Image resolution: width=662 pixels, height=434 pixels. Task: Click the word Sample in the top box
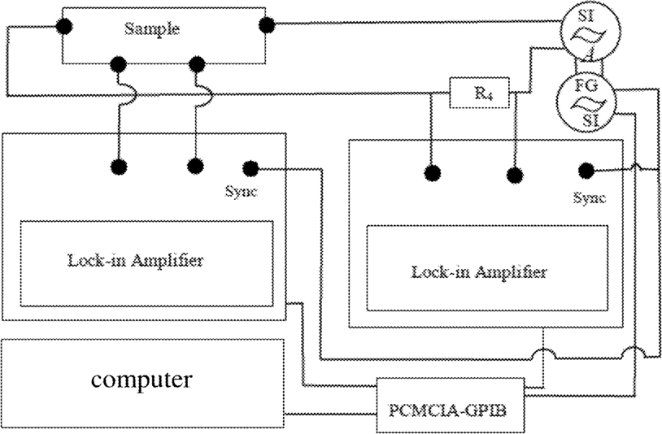[x=150, y=28]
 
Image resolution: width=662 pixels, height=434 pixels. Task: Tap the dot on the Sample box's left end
[x=63, y=26]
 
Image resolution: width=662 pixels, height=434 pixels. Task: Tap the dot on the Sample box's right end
[x=265, y=25]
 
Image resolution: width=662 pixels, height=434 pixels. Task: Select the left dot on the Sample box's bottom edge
[x=120, y=63]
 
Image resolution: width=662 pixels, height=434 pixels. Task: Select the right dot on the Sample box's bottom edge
[x=195, y=63]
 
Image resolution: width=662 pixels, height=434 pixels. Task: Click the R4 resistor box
[x=480, y=93]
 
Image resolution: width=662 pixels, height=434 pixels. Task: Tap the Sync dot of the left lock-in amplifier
[x=250, y=168]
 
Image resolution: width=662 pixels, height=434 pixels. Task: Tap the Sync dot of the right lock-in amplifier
[x=585, y=170]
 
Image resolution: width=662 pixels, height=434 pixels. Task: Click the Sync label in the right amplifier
[x=590, y=197]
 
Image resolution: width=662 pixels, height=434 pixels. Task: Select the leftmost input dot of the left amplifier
[x=119, y=167]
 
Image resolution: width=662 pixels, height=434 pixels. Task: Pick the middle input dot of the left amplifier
[x=195, y=167]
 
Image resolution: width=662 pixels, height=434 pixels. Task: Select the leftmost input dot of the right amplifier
[x=432, y=174]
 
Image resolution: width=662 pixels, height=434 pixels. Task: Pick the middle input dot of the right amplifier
[x=513, y=174]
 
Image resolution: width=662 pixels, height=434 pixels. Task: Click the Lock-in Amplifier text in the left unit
[x=135, y=261]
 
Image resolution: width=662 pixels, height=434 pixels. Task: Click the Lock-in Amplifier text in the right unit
[x=479, y=271]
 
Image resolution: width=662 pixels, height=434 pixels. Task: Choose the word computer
[x=142, y=379]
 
